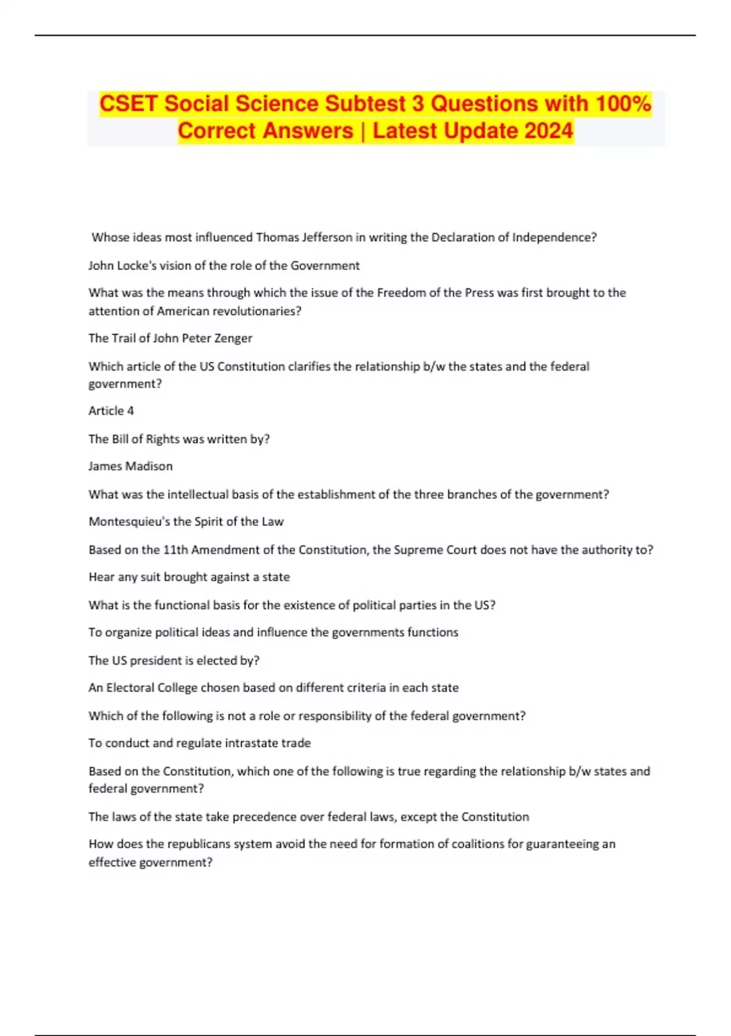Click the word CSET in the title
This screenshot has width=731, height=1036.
point(129,104)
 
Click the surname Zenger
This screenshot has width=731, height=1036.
point(233,338)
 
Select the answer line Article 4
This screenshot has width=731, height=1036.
point(111,411)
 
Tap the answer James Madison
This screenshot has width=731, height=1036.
point(130,466)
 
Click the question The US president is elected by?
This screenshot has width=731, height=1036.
point(174,661)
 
